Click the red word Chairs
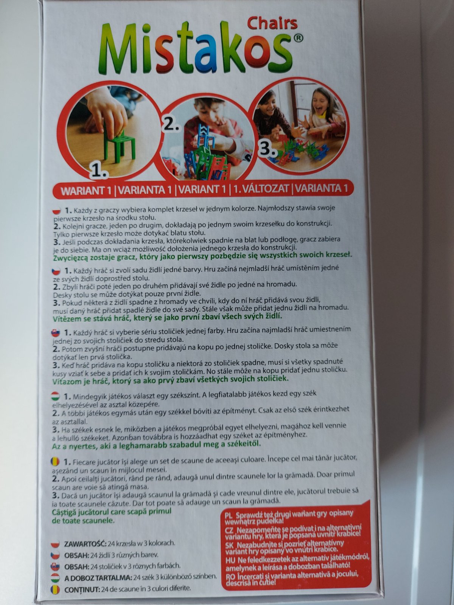click(272, 23)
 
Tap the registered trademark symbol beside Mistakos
click(297, 39)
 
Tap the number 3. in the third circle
click(267, 149)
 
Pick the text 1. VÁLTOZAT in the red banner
click(261, 189)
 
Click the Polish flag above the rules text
click(57, 211)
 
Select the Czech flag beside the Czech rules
click(56, 271)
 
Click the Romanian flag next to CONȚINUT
click(55, 589)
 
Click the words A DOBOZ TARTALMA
click(98, 577)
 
